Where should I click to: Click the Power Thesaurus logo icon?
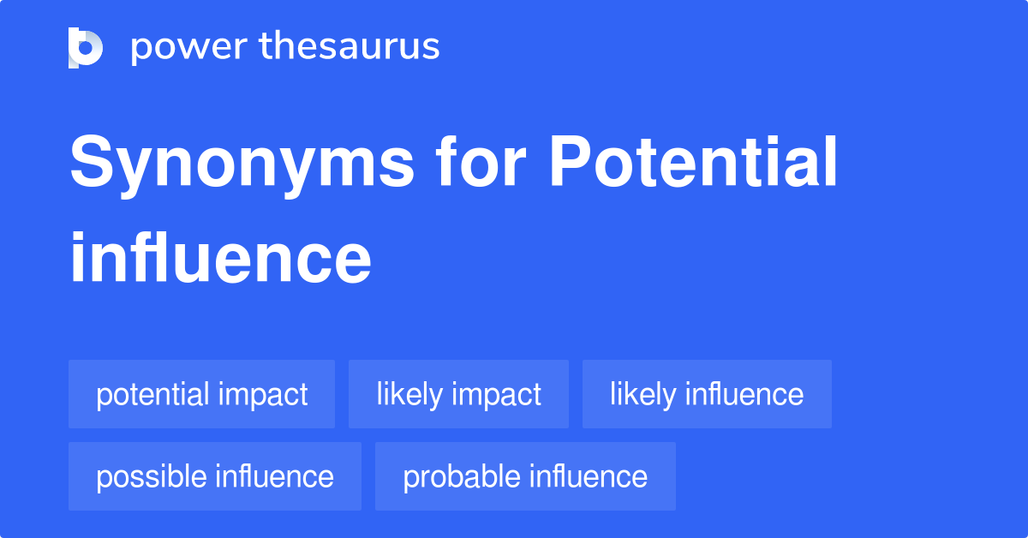(86, 47)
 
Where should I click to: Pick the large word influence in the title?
(220, 258)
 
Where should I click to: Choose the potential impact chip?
(201, 394)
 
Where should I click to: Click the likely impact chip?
(458, 394)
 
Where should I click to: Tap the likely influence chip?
(707, 394)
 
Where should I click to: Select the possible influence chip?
(215, 476)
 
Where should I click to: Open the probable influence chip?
(525, 476)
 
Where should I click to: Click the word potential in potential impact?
(152, 395)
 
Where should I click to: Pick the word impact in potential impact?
(263, 395)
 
